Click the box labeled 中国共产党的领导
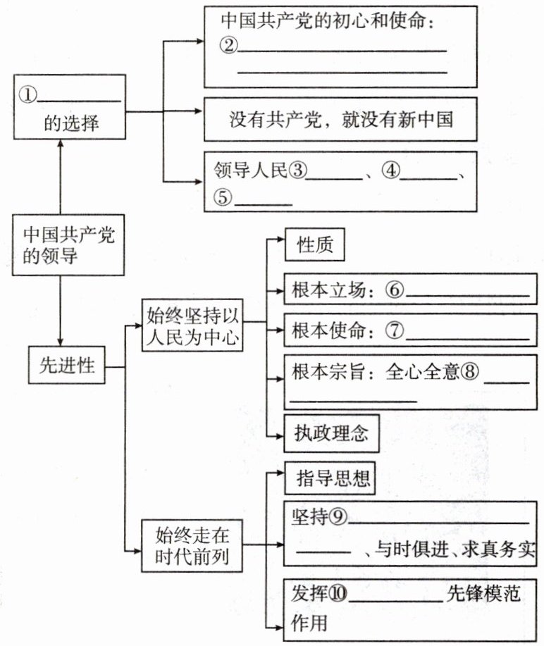(60, 244)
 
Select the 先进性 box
(67, 366)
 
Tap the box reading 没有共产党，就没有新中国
(340, 118)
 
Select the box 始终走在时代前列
(192, 546)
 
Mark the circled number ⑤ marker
(224, 197)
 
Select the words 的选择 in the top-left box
(71, 125)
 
